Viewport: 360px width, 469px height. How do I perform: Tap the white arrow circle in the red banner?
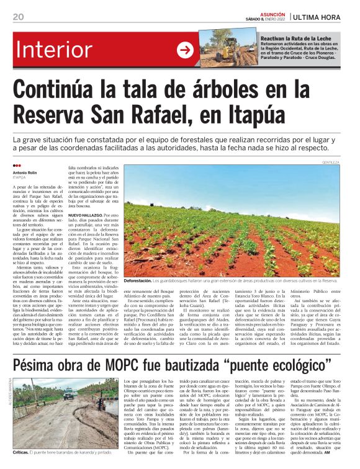pyautogui.click(x=185, y=50)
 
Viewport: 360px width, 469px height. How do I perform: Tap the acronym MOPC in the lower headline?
pyautogui.click(x=146, y=365)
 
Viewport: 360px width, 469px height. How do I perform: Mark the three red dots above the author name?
pyautogui.click(x=17, y=166)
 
